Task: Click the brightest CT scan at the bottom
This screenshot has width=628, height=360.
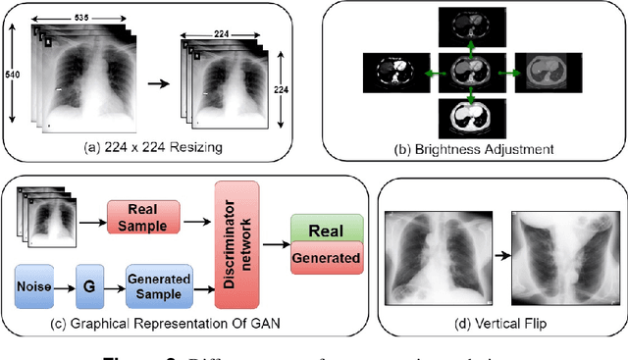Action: (473, 119)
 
